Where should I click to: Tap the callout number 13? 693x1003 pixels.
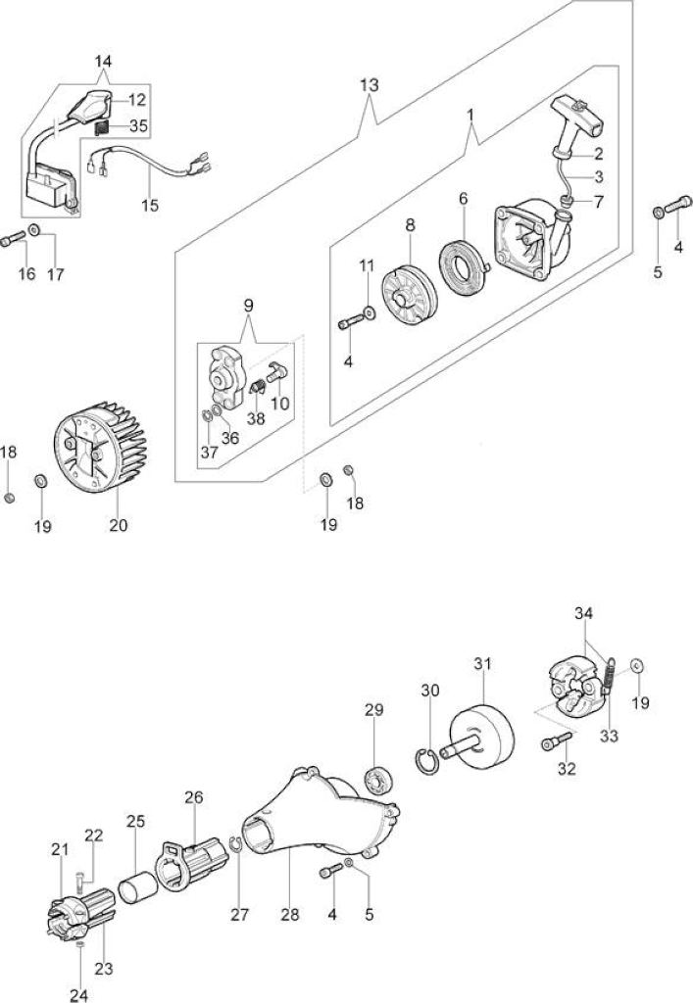(370, 84)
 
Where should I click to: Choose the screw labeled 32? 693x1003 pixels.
(557, 741)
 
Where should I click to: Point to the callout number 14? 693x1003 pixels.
(103, 62)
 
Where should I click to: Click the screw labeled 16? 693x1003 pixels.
(14, 240)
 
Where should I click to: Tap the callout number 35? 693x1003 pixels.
(138, 126)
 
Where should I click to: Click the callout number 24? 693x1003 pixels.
(78, 995)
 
